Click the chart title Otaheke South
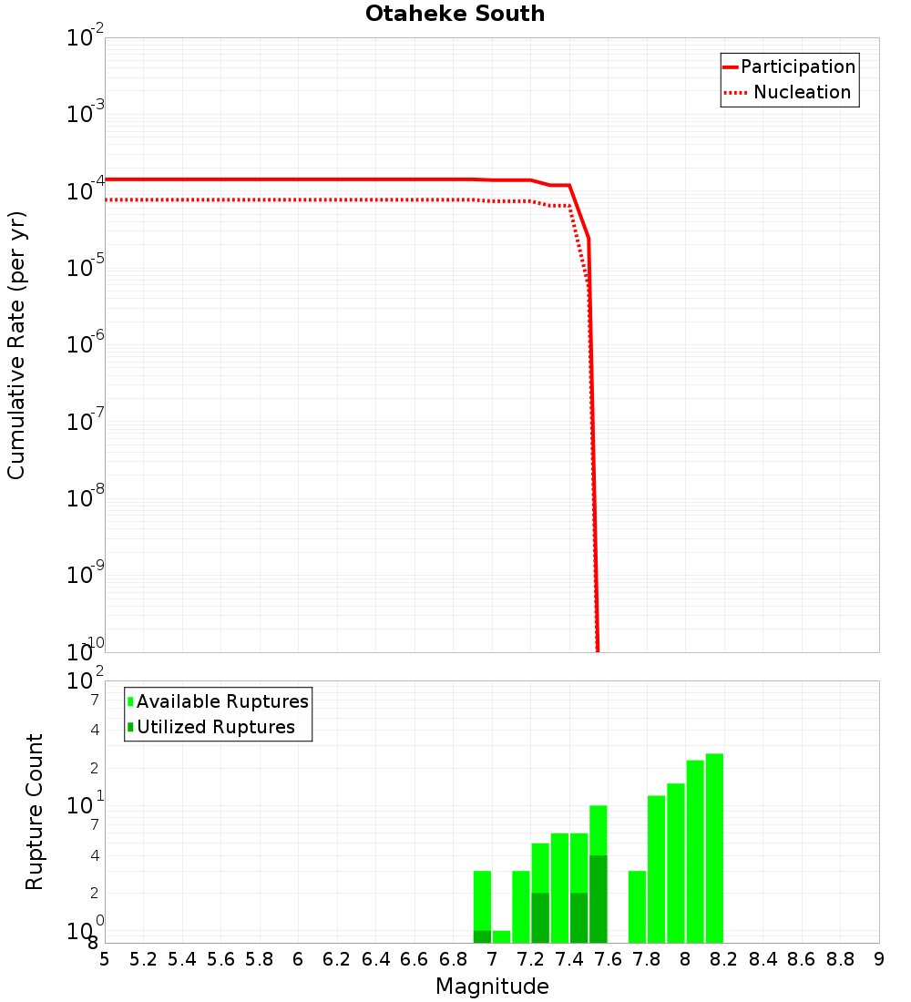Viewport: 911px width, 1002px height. (455, 14)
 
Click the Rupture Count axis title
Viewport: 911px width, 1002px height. (35, 811)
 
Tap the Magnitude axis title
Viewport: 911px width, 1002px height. (492, 987)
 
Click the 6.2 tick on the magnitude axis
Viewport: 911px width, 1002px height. (337, 959)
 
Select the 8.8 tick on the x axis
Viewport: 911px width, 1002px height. (840, 959)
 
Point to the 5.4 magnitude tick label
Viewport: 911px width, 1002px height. (182, 959)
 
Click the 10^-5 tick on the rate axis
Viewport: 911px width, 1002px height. (86, 268)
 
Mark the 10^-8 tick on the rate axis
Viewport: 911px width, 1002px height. (86, 498)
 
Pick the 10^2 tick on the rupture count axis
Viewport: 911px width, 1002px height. (86, 681)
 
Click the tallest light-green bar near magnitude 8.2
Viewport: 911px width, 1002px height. (714, 847)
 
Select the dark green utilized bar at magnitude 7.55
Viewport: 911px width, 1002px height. (599, 898)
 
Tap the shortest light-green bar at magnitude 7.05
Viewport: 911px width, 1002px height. (501, 936)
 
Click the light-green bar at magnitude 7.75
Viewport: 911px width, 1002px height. (637, 906)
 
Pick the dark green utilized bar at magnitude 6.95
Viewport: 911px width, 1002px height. (482, 936)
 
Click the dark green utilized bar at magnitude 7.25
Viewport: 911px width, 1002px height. (540, 917)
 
